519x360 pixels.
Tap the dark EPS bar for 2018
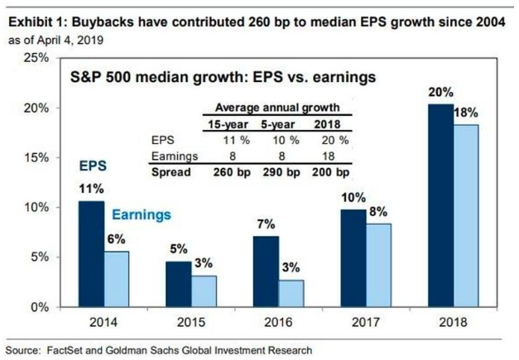point(440,206)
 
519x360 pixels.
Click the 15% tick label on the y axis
point(36,157)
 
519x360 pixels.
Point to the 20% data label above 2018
point(440,93)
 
